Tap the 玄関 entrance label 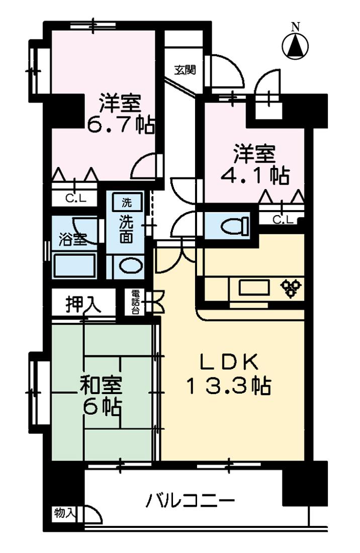point(185,70)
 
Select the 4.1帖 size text point(255,174)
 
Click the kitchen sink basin point(255,288)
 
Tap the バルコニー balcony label point(191,501)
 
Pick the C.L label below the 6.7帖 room point(75,198)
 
